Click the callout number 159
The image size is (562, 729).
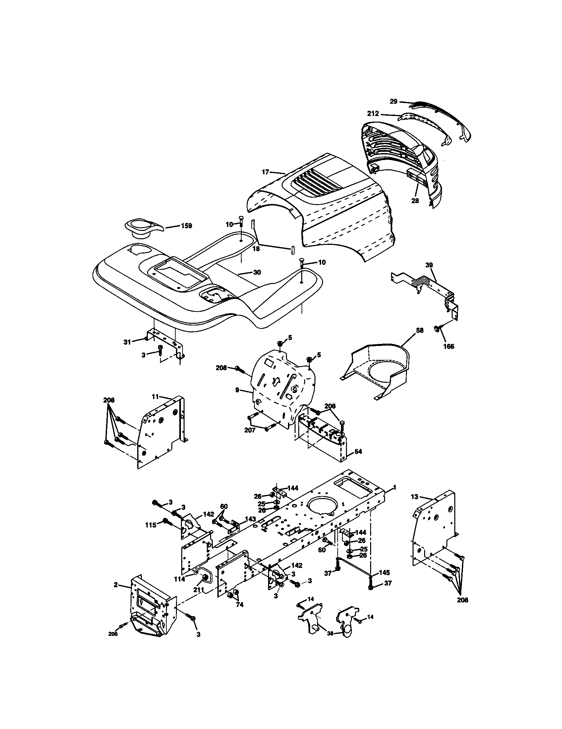(187, 226)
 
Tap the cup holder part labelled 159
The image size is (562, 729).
(141, 227)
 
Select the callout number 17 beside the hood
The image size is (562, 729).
(265, 172)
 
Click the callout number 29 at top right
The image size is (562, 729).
(394, 101)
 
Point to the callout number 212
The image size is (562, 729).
(373, 113)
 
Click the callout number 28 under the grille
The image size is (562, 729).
(415, 201)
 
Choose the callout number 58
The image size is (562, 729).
(420, 330)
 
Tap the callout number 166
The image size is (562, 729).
(449, 347)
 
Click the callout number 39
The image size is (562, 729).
(429, 265)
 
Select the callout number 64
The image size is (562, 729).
(358, 451)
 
